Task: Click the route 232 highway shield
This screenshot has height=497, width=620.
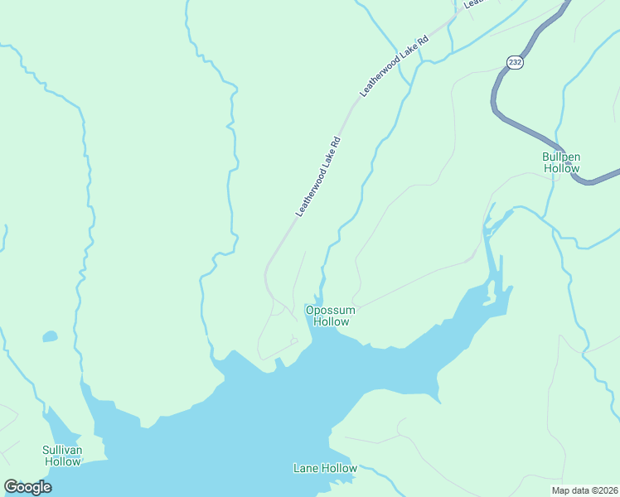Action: [515, 62]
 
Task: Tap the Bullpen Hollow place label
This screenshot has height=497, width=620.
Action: [561, 162]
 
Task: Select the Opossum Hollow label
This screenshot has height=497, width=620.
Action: [328, 316]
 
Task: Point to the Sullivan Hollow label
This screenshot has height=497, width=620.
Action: [62, 456]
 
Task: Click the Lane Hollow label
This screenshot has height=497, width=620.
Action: [325, 469]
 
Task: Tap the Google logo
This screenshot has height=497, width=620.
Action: [27, 487]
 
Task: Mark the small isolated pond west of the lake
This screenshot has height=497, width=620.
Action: [50, 336]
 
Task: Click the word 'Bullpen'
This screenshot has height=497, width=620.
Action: [561, 157]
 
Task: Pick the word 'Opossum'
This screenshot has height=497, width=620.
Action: [328, 311]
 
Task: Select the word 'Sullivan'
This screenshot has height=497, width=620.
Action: [62, 450]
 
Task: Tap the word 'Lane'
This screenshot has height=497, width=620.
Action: [307, 469]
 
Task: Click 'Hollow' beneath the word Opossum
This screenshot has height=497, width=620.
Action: [328, 321]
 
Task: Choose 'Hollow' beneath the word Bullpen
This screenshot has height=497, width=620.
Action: [561, 168]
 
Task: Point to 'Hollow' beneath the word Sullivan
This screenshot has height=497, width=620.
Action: [62, 461]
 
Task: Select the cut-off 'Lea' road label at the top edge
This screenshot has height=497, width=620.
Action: [472, 3]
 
